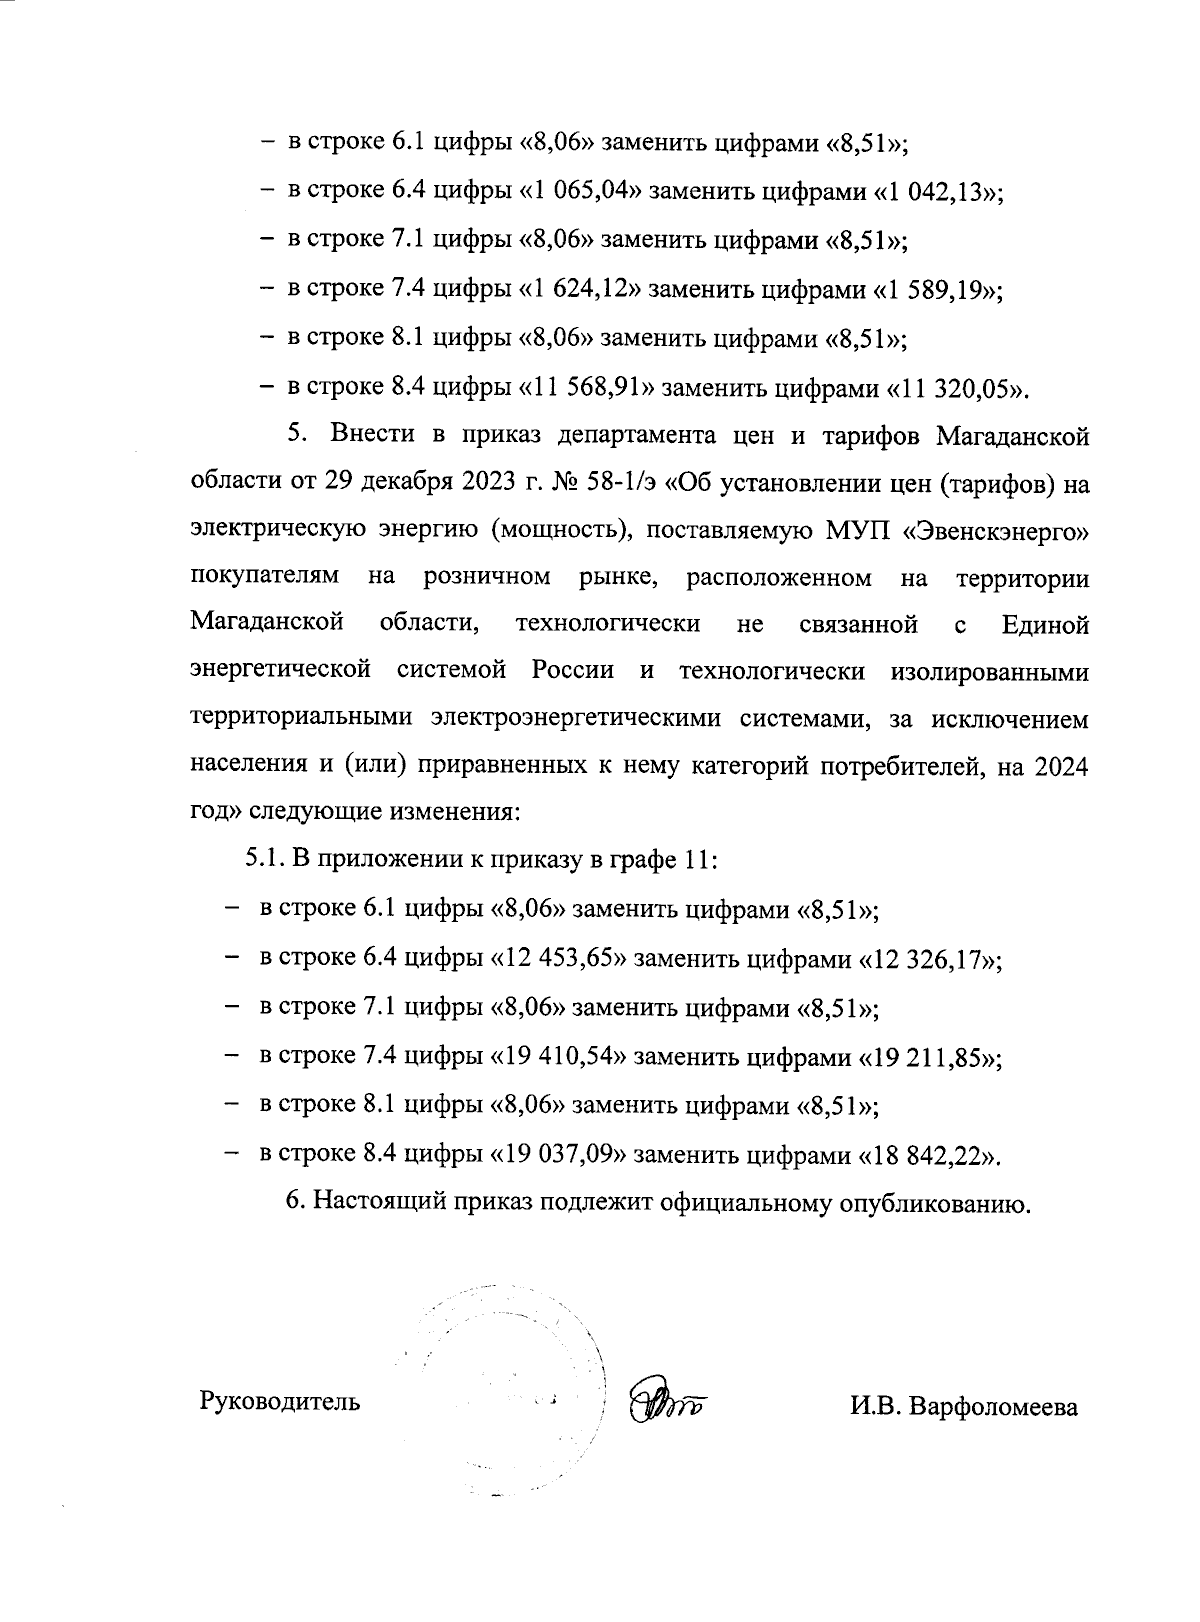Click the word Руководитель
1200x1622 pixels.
tap(280, 1402)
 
